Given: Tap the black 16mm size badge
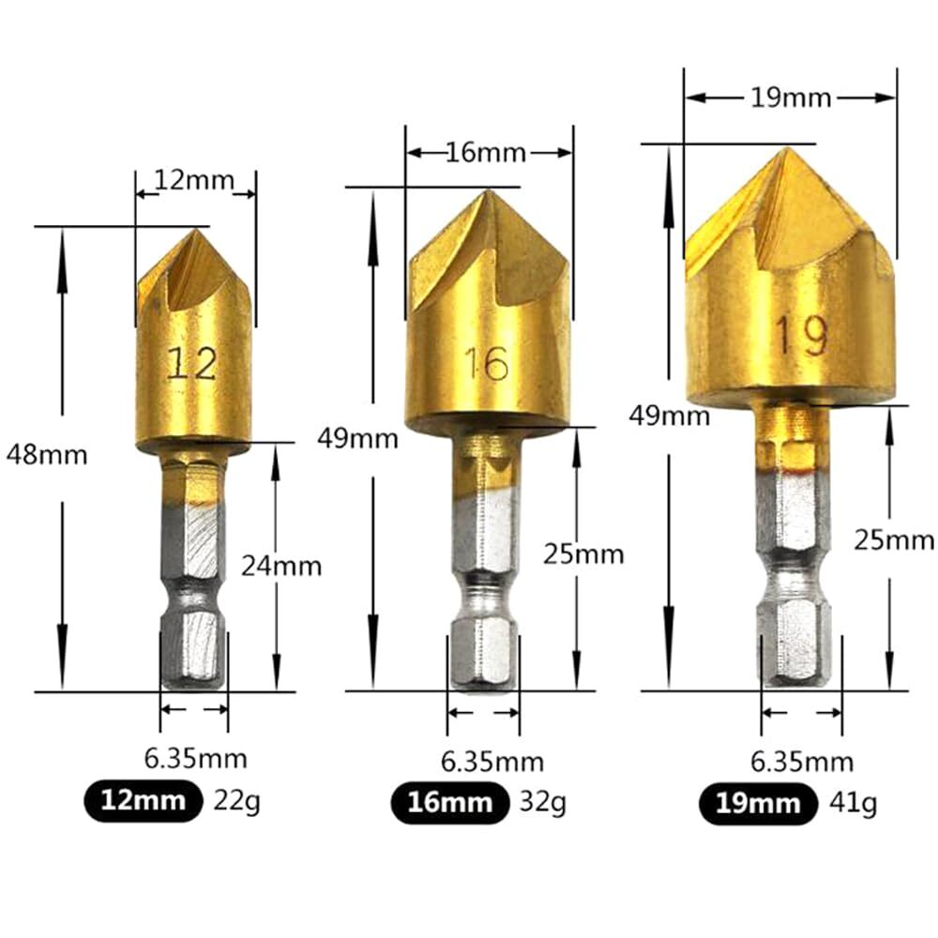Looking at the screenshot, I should [x=449, y=802].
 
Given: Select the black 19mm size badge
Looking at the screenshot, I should [x=756, y=803].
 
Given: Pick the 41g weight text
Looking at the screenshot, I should [x=853, y=803].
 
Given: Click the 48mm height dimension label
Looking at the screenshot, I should [x=46, y=456].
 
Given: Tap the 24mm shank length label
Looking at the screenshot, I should [x=280, y=566].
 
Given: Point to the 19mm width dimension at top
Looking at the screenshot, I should [x=791, y=98].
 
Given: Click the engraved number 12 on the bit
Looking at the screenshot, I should [x=191, y=362].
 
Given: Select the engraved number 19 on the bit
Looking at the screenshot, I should [x=801, y=335].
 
